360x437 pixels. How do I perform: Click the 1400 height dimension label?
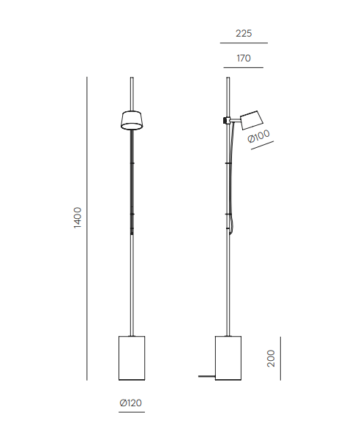coord(78,217)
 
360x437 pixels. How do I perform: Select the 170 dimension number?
coord(244,58)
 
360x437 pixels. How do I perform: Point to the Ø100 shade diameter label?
coord(260,136)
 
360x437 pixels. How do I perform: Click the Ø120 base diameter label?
coord(131,403)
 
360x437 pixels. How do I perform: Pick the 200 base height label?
coord(271,358)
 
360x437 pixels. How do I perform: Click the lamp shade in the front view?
coord(131,120)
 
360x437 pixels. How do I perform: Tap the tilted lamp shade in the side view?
coord(250,119)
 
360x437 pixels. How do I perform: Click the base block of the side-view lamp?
coord(228,357)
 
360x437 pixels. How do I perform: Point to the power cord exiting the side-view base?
coord(206,376)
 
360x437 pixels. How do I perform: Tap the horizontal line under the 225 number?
coord(244,44)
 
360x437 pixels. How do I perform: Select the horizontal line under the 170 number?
coord(244,68)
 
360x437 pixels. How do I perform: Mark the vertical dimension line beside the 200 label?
coord(281,358)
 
